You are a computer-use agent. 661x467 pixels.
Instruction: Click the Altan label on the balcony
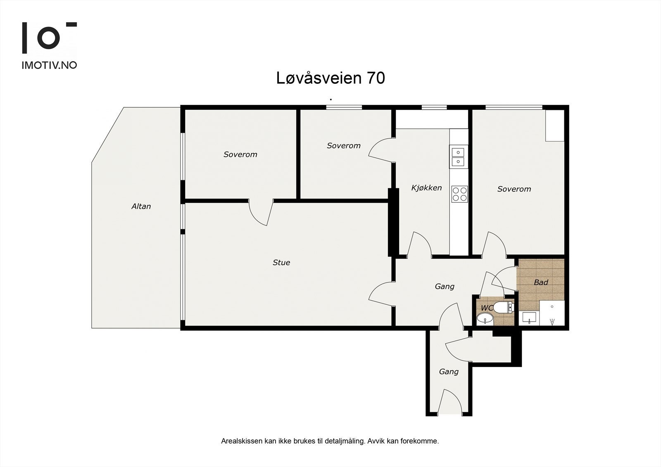pyautogui.click(x=141, y=206)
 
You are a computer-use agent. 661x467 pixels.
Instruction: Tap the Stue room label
pyautogui.click(x=281, y=262)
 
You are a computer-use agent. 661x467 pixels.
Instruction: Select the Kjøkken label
pyautogui.click(x=426, y=187)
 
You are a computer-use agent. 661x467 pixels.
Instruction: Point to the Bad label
pyautogui.click(x=541, y=282)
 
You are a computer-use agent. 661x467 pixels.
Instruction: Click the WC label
pyautogui.click(x=487, y=308)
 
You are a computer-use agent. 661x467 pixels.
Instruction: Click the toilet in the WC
pyautogui.click(x=504, y=308)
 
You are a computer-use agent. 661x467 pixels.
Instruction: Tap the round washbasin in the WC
pyautogui.click(x=485, y=319)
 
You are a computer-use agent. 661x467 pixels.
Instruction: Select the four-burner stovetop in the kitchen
pyautogui.click(x=459, y=194)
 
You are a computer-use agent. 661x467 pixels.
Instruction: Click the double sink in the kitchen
pyautogui.click(x=458, y=156)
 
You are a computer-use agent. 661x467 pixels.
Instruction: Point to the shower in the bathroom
pyautogui.click(x=552, y=313)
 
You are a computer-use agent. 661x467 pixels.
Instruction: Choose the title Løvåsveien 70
pyautogui.click(x=330, y=78)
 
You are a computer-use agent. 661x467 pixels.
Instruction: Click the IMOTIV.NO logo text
pyautogui.click(x=49, y=65)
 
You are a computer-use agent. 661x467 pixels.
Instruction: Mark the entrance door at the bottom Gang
pyautogui.click(x=449, y=402)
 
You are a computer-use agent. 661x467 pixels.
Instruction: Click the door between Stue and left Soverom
pyautogui.click(x=261, y=212)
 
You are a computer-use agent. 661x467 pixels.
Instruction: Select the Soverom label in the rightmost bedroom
pyautogui.click(x=514, y=189)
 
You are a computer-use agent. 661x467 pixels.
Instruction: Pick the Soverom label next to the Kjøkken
pyautogui.click(x=343, y=145)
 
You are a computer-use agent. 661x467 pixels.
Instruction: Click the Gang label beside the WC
pyautogui.click(x=445, y=286)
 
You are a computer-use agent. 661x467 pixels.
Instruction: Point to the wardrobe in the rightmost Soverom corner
pyautogui.click(x=555, y=126)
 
